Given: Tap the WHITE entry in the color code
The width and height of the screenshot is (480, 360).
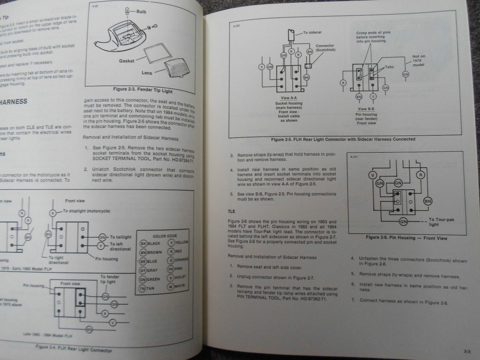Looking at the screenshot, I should tap(177, 286).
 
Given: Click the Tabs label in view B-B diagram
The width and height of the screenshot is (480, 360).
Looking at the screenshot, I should tap(388, 66).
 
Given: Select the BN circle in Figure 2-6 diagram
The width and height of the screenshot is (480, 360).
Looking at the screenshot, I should tap(428, 201).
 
